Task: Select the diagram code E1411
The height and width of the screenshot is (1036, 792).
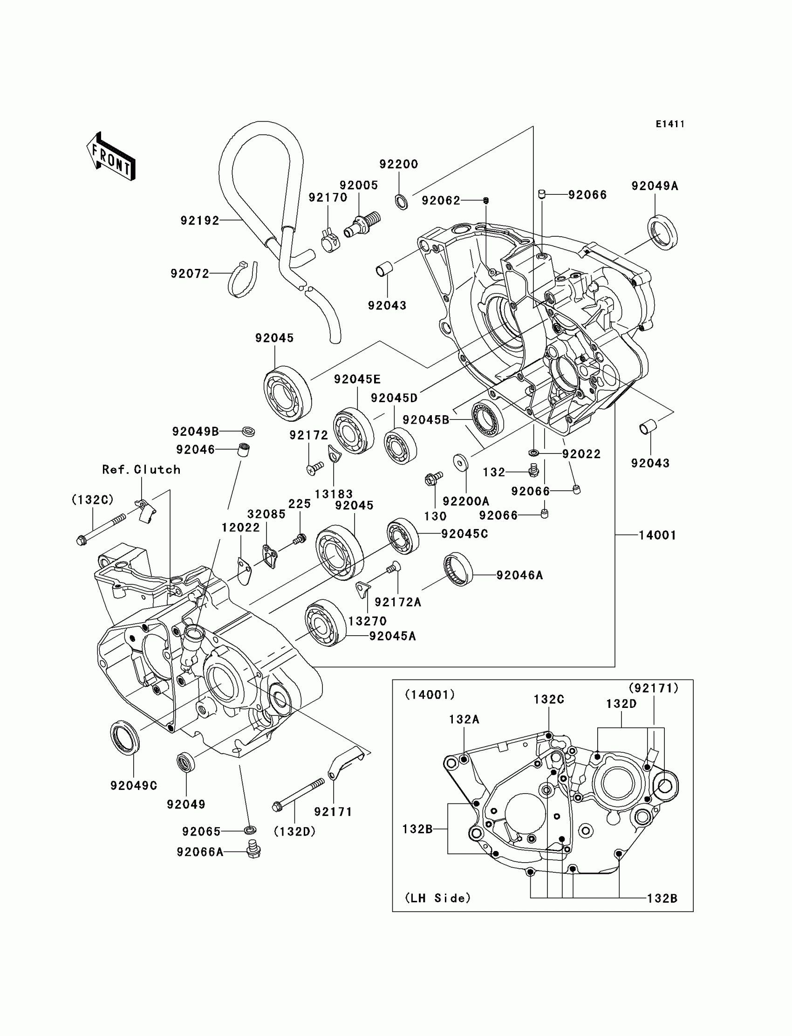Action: point(669,124)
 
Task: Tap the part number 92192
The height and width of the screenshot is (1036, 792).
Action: point(200,221)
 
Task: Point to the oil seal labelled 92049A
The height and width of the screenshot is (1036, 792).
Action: point(663,232)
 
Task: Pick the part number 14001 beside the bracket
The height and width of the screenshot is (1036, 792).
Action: point(657,535)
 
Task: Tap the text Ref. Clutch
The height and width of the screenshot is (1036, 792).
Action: point(142,470)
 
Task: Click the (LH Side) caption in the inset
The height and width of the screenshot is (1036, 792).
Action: point(438,899)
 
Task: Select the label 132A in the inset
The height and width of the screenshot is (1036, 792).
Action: point(464,719)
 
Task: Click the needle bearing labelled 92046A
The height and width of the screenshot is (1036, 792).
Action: point(458,569)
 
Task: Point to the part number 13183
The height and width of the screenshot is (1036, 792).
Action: point(334,494)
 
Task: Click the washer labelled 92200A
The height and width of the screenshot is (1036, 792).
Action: point(460,463)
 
